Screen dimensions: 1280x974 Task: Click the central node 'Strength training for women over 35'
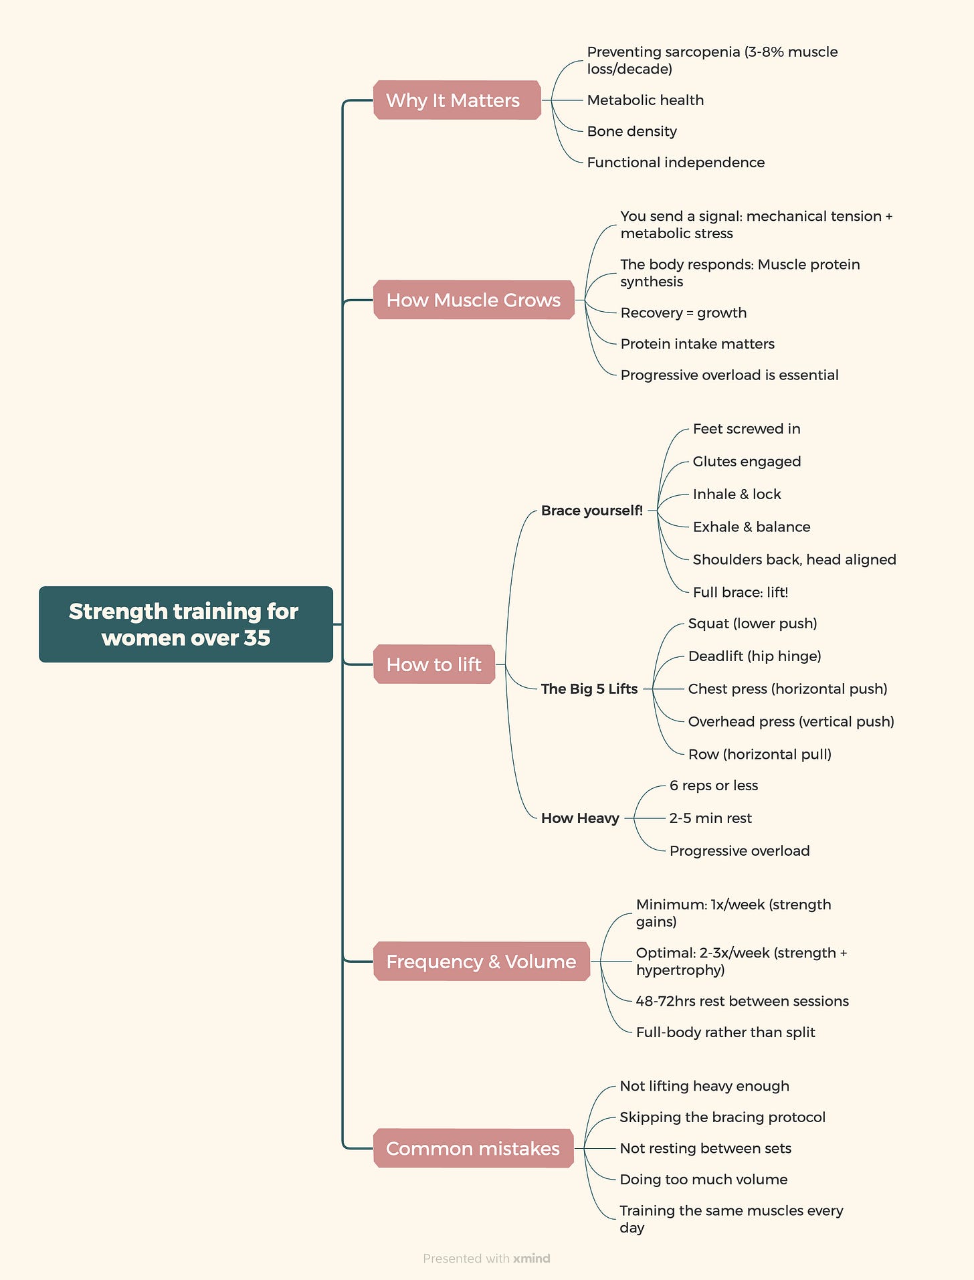(185, 624)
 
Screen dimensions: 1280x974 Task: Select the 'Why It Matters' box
(457, 100)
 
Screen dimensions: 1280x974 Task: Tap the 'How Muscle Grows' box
(474, 300)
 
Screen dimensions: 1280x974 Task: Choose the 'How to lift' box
(434, 664)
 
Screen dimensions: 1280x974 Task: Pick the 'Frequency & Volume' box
(481, 961)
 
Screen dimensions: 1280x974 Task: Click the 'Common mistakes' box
(473, 1148)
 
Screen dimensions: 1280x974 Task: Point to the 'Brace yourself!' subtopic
(591, 511)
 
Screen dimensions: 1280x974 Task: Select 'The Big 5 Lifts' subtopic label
(589, 689)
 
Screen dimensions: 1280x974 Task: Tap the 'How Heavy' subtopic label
(580, 818)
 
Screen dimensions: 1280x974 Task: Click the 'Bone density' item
(631, 131)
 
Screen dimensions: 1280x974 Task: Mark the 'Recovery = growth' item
(683, 312)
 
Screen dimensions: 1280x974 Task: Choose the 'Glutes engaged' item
(747, 461)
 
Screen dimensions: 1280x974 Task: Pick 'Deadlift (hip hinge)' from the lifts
(755, 656)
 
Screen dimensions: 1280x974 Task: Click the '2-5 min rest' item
(710, 818)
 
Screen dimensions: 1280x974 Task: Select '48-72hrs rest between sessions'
(742, 1001)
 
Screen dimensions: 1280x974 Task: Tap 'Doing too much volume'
(703, 1179)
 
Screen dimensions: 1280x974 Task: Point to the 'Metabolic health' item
(645, 100)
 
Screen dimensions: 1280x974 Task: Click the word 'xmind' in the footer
(531, 1258)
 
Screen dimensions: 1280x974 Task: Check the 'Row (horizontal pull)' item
(759, 754)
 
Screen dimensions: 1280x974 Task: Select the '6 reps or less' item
(713, 785)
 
